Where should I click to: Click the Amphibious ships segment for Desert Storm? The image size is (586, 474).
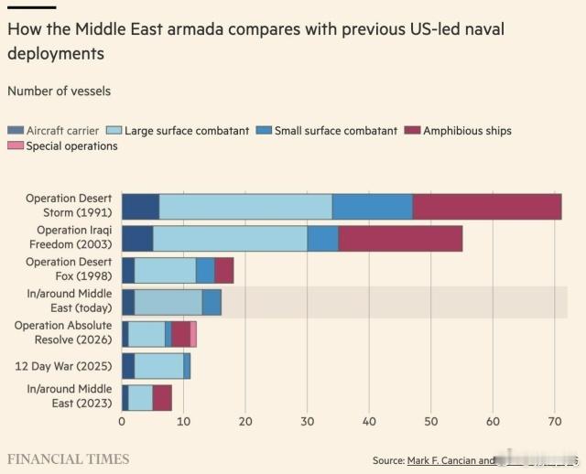click(x=486, y=207)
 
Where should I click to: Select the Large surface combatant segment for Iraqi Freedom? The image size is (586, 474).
click(x=230, y=238)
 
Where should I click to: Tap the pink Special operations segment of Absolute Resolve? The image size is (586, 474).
click(x=193, y=334)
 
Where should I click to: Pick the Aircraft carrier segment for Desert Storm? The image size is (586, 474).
click(x=140, y=207)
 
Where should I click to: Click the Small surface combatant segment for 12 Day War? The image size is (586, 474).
click(x=187, y=366)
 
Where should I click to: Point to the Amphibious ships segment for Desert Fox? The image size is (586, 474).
click(x=223, y=270)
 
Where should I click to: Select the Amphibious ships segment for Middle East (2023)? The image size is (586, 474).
click(x=162, y=398)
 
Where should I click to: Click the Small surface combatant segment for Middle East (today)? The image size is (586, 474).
click(x=212, y=302)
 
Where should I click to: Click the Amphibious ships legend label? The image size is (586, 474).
click(x=467, y=131)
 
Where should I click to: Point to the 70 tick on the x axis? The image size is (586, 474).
click(x=554, y=422)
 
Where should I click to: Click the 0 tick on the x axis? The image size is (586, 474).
click(x=122, y=422)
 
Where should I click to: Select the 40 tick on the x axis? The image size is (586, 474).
click(x=369, y=422)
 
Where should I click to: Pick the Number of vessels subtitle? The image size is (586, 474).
click(x=59, y=91)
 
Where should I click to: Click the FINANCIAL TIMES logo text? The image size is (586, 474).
click(x=69, y=458)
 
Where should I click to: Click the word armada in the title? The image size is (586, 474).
click(x=179, y=29)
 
